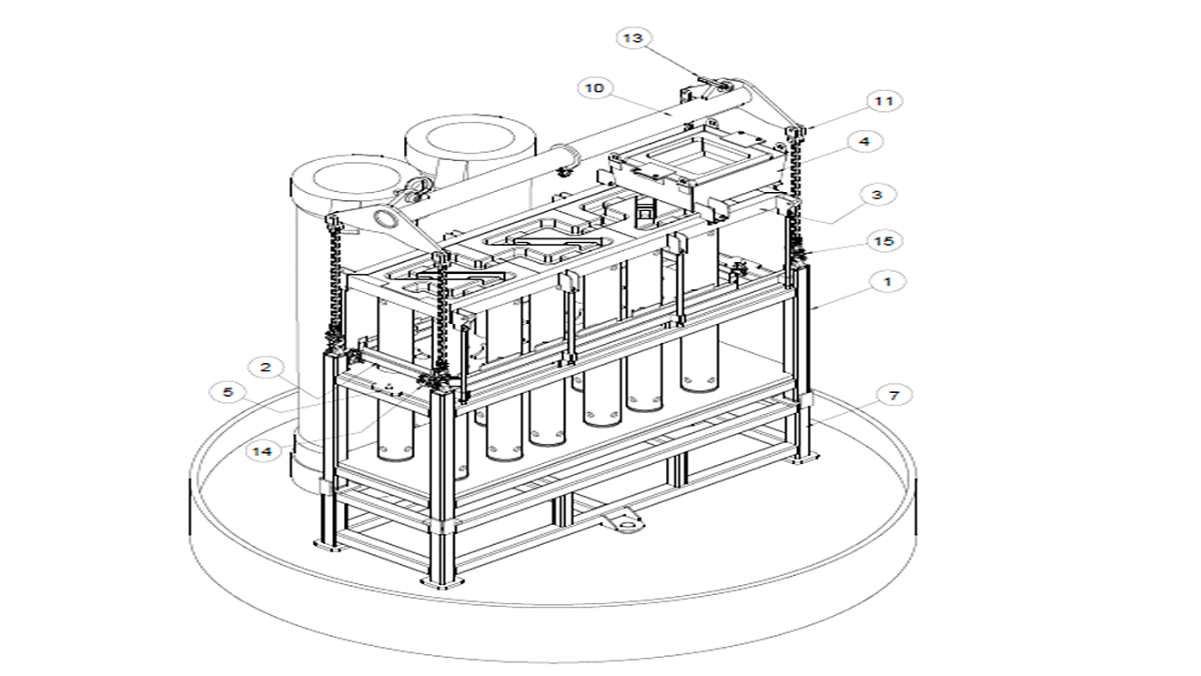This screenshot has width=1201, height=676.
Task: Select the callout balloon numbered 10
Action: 594,88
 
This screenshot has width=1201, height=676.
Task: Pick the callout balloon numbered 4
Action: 863,142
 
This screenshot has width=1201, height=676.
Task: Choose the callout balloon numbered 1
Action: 888,282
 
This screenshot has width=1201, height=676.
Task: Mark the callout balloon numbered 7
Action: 894,396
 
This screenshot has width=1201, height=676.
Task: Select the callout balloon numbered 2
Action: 266,368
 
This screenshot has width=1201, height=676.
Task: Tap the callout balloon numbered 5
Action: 227,393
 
